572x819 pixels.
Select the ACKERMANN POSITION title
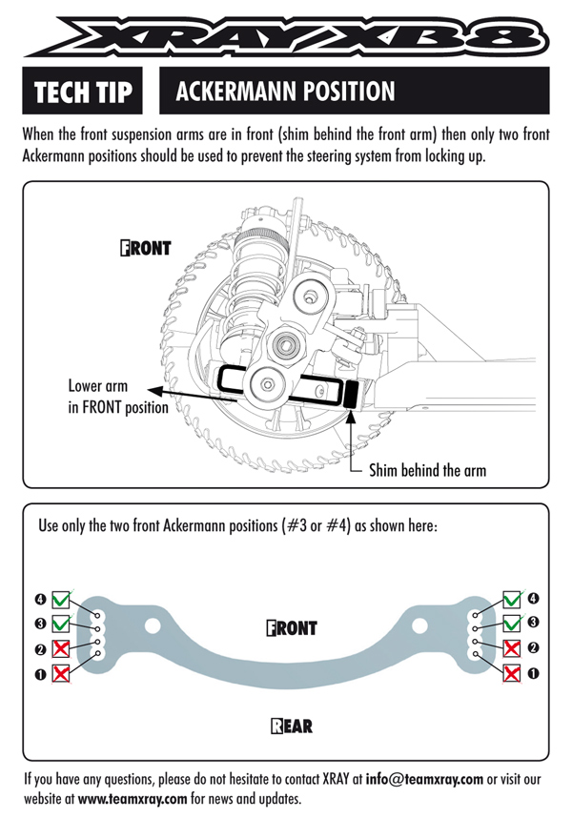pyautogui.click(x=285, y=92)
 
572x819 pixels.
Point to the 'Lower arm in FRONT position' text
pyautogui.click(x=117, y=398)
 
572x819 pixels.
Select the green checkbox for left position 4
pyautogui.click(x=62, y=600)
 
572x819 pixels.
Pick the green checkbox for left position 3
pyautogui.click(x=62, y=624)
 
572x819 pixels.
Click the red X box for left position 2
pyautogui.click(x=62, y=648)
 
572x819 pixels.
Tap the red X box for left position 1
pyautogui.click(x=62, y=673)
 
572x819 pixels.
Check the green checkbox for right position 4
pyautogui.click(x=511, y=600)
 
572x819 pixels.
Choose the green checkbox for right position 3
pyautogui.click(x=511, y=624)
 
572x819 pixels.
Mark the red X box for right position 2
pyautogui.click(x=511, y=648)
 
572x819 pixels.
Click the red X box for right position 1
pyautogui.click(x=511, y=673)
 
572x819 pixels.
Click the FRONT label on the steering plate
pyautogui.click(x=291, y=628)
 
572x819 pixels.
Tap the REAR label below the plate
pyautogui.click(x=291, y=727)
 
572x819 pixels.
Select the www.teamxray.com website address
pyautogui.click(x=133, y=798)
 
